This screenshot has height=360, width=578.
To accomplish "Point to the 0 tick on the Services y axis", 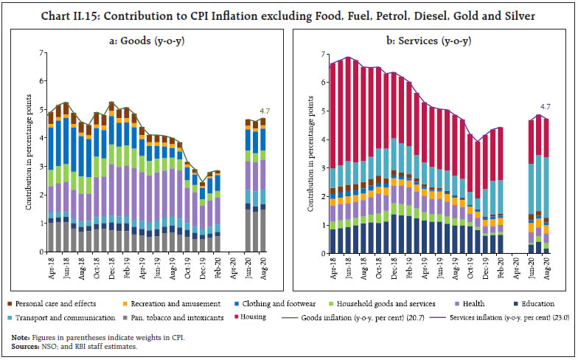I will pyautogui.click(x=323, y=253).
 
